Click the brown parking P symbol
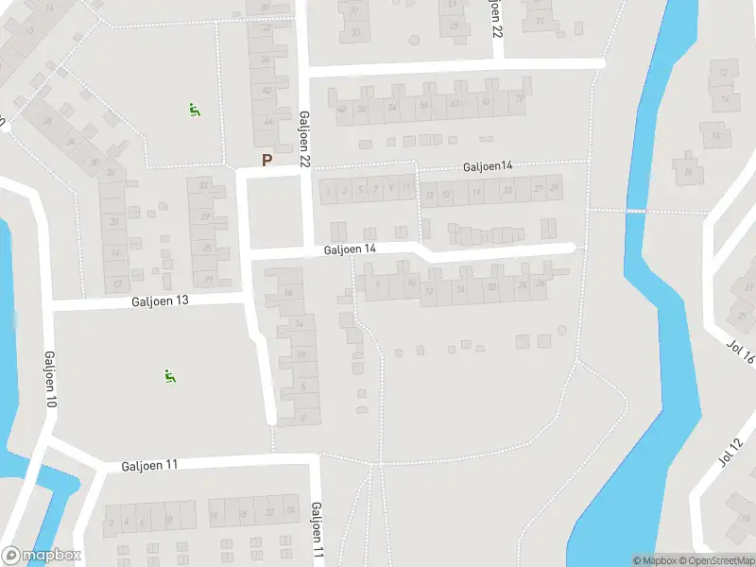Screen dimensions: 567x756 [266, 161]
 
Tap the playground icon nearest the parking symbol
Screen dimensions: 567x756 [195, 110]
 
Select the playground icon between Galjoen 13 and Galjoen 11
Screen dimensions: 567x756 [171, 376]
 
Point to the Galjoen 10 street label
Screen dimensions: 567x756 [49, 380]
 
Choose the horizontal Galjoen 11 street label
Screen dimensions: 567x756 [149, 466]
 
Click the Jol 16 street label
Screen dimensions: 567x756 [742, 352]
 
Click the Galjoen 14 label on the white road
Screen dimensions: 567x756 [350, 249]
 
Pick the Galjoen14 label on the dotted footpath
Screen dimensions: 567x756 [488, 166]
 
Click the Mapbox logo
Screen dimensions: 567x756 [42, 556]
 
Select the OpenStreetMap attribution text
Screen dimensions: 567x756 [714, 560]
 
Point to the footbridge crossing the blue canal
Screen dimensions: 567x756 [636, 211]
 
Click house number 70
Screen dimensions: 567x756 [519, 102]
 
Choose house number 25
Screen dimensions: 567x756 [207, 248]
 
